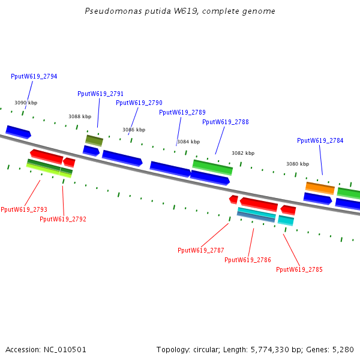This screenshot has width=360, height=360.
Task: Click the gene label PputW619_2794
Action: [34, 76]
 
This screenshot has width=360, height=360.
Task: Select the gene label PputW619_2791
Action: [100, 94]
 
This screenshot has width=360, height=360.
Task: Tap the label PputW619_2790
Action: [139, 103]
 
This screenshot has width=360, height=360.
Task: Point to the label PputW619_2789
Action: [182, 112]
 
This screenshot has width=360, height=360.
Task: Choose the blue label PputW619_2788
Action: [225, 122]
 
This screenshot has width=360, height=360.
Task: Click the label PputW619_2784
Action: [320, 140]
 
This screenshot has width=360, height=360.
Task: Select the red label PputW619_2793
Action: [24, 209]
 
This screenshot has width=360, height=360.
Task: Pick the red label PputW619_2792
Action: [63, 219]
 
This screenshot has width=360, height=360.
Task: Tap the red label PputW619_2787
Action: [201, 250]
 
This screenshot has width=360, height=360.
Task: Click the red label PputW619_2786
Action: [248, 260]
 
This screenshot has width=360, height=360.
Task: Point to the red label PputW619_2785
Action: [299, 269]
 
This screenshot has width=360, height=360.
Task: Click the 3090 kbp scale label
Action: [26, 103]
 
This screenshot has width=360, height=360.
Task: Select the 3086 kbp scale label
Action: [134, 130]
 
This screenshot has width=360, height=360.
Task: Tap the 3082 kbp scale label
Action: [243, 153]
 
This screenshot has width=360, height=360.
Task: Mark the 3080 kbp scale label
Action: [298, 164]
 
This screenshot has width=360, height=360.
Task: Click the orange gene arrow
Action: [320, 188]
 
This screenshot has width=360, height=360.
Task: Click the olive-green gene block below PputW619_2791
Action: [94, 140]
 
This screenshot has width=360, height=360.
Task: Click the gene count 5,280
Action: [343, 349]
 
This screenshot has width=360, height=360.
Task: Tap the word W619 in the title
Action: [163, 11]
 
